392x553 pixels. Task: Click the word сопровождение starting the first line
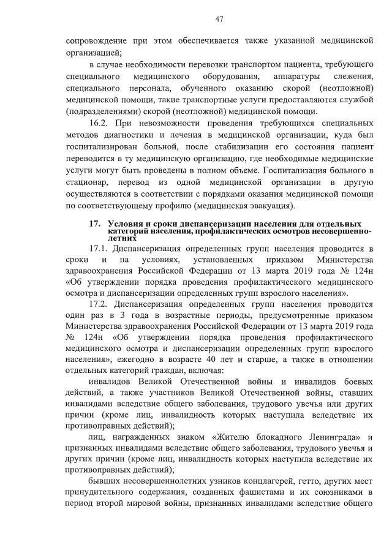(95, 40)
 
